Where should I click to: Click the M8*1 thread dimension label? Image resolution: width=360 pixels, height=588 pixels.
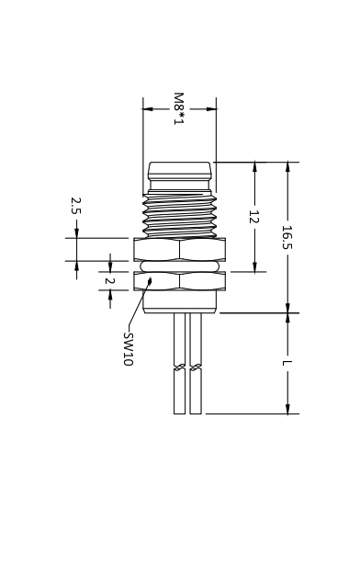coord(179,108)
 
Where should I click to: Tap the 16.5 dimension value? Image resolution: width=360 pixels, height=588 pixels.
coord(287,237)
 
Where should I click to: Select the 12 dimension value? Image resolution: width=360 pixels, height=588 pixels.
coord(254,217)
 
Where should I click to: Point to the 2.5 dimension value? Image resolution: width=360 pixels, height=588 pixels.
coord(75,206)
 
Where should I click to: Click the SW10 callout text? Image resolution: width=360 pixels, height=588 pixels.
coord(129,349)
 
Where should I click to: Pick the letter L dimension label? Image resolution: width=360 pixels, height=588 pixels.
coord(287,363)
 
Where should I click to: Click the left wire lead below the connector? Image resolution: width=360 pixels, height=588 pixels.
coord(180,363)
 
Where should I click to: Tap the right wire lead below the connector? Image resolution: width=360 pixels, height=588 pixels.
coord(196,363)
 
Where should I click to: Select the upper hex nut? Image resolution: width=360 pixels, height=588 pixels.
coord(180,249)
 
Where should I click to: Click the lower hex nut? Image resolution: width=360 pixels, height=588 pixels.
coord(180,281)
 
